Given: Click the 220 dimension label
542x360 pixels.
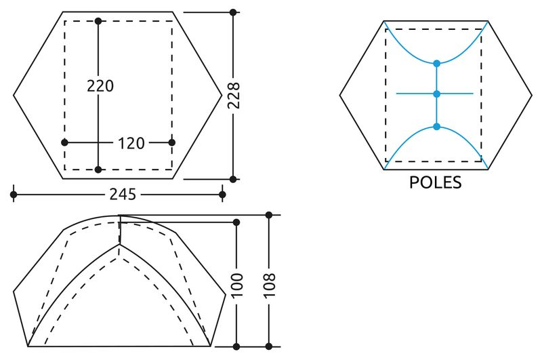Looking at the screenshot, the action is (100, 86).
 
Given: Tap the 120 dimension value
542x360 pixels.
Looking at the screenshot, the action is (131, 143).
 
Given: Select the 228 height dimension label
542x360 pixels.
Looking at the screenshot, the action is (234, 96).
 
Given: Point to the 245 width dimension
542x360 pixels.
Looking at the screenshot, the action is (123, 195).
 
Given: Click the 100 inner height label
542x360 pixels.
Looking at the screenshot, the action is (236, 285).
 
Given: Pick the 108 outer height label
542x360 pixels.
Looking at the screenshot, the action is (269, 285).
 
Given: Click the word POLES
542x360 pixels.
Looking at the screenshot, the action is (435, 182).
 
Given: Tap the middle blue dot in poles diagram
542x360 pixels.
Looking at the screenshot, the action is (436, 94).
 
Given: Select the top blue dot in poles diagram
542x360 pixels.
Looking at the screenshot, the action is (436, 63).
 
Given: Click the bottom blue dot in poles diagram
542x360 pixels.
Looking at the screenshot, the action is (436, 127).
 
